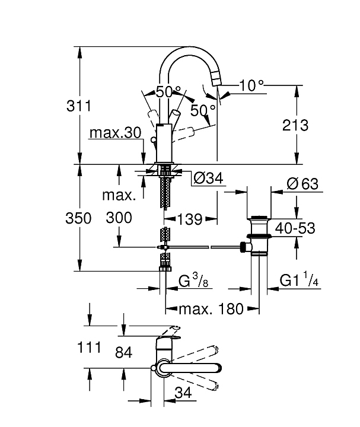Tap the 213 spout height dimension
click(295, 126)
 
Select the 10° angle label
click(251, 86)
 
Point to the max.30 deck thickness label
click(116, 133)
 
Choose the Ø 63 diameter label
click(302, 184)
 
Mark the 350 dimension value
click(78, 218)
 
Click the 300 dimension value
click(119, 218)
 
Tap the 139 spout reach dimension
click(190, 218)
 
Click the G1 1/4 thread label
click(300, 280)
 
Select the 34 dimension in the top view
click(183, 393)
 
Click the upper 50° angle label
click(168, 92)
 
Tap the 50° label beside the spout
click(203, 111)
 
